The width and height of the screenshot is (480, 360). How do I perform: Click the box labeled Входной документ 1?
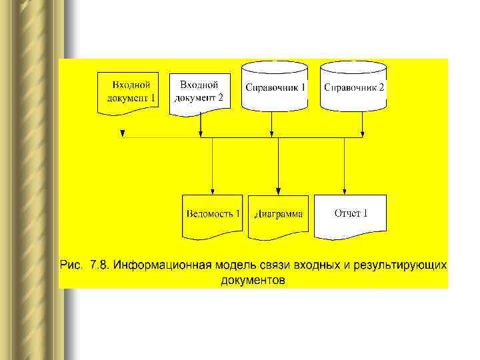[129, 91]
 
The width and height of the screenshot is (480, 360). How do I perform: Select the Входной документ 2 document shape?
[199, 91]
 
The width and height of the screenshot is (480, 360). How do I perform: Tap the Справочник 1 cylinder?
[275, 87]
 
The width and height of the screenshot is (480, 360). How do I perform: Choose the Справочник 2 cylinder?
[353, 87]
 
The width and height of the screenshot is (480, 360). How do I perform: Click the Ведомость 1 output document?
[213, 215]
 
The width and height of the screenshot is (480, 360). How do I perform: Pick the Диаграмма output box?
[279, 215]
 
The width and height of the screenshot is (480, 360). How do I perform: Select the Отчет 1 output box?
[351, 214]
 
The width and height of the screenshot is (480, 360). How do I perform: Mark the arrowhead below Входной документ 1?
[123, 135]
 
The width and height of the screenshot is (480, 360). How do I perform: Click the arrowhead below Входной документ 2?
[201, 135]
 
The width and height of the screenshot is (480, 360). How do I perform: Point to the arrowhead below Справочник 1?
[271, 135]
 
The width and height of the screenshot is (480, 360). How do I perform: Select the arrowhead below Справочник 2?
[362, 135]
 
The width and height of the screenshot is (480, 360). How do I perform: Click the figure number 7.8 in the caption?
[95, 265]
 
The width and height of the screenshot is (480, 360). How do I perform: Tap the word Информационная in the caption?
[161, 265]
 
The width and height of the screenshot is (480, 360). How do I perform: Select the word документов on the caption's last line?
[253, 280]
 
